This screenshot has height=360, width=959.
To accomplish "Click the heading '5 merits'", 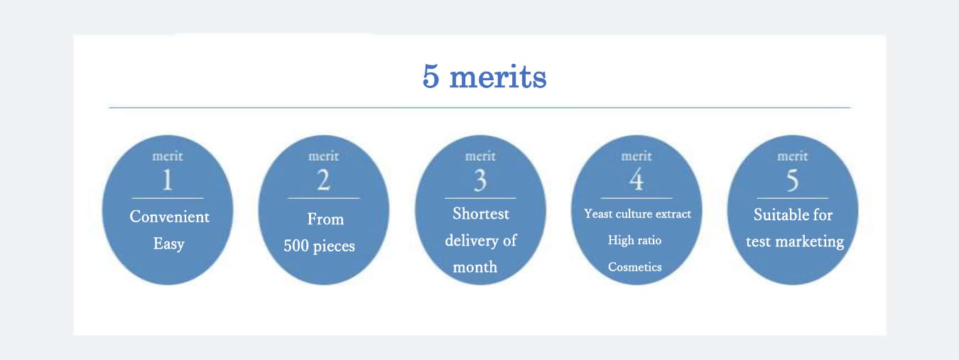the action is (484, 77).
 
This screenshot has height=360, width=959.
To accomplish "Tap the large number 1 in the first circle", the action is (168, 180).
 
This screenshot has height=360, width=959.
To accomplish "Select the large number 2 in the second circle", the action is (324, 180).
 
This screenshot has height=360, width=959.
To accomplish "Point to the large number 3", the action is (480, 180).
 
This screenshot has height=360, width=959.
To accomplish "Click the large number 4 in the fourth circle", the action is (636, 180).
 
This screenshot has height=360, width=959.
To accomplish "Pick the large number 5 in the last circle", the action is (793, 180).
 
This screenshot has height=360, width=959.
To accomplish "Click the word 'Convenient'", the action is (170, 217).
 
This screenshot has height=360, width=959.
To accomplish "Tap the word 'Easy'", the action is (168, 244).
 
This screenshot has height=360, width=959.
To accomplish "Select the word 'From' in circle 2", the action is (325, 219).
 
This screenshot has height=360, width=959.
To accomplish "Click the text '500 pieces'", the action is (319, 246).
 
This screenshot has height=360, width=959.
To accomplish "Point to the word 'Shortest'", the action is (481, 214).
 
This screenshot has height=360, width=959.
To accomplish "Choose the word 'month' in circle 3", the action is (475, 268).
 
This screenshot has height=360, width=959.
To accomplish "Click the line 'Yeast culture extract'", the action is (637, 214).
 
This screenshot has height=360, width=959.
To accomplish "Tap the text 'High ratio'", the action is (634, 240).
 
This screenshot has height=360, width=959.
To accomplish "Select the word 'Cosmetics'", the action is (634, 267).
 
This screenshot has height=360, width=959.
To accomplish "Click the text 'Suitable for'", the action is (793, 214).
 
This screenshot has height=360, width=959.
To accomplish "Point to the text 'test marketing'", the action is (795, 242).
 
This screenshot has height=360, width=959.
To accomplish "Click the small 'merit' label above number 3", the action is (480, 156).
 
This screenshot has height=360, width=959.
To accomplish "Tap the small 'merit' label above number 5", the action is (793, 156).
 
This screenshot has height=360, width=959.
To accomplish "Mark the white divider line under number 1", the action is (168, 198).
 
